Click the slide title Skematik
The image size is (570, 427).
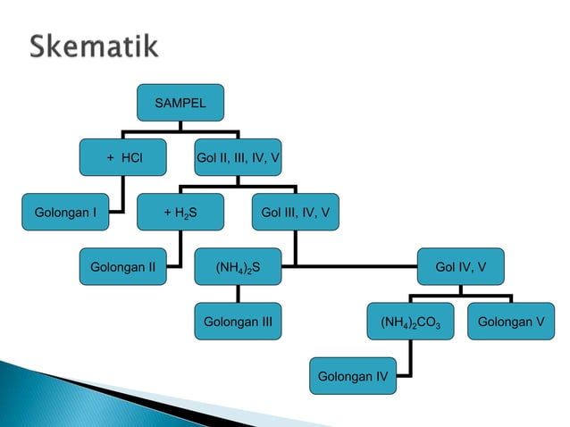click(x=95, y=46)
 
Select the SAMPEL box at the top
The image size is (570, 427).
click(x=180, y=104)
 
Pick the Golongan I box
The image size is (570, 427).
click(x=66, y=212)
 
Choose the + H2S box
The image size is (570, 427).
click(x=180, y=212)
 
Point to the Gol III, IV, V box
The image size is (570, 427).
click(x=295, y=212)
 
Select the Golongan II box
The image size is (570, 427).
click(x=123, y=265)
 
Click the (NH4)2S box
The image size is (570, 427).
click(x=238, y=265)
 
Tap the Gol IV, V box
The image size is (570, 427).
click(x=460, y=265)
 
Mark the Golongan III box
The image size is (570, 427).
click(x=238, y=320)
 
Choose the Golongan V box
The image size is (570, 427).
click(x=510, y=320)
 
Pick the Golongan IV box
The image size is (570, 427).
click(x=353, y=373)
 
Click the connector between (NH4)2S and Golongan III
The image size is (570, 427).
click(x=238, y=293)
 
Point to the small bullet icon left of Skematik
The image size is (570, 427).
click(x=15, y=47)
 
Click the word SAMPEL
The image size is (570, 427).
click(x=180, y=104)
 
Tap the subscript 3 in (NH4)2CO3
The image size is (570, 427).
click(x=436, y=323)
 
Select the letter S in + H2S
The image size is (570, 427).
click(x=193, y=212)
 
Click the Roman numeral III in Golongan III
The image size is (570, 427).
click(x=264, y=320)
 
